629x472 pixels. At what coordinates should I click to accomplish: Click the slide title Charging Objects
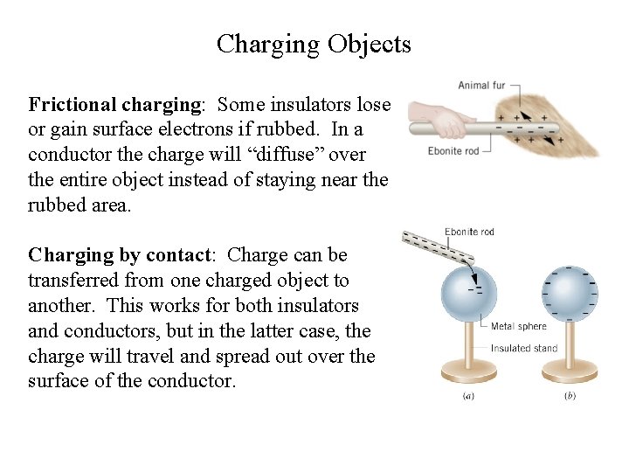point(314,44)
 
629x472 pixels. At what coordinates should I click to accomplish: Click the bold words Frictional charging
point(114,105)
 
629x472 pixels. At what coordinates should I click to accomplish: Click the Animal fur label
point(481,86)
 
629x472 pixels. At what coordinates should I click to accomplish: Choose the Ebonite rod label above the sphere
point(469,232)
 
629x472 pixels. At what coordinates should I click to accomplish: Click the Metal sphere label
point(518,327)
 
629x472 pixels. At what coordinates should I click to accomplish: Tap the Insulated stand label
point(525,348)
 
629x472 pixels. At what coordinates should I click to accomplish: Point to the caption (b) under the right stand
point(570,396)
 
